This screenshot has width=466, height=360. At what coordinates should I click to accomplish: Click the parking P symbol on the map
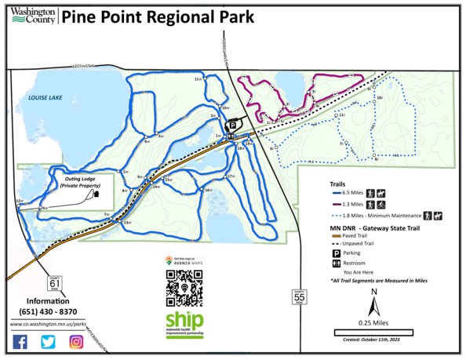point(232,124)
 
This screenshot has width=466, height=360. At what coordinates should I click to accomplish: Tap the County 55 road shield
point(298,297)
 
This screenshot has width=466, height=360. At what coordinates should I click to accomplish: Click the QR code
point(184,287)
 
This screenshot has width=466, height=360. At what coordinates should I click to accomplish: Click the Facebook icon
point(20,341)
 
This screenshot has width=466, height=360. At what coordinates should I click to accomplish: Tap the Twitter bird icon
point(48,341)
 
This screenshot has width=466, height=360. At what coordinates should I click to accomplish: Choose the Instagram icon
point(76,341)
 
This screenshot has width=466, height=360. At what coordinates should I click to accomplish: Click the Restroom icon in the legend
point(336,263)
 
